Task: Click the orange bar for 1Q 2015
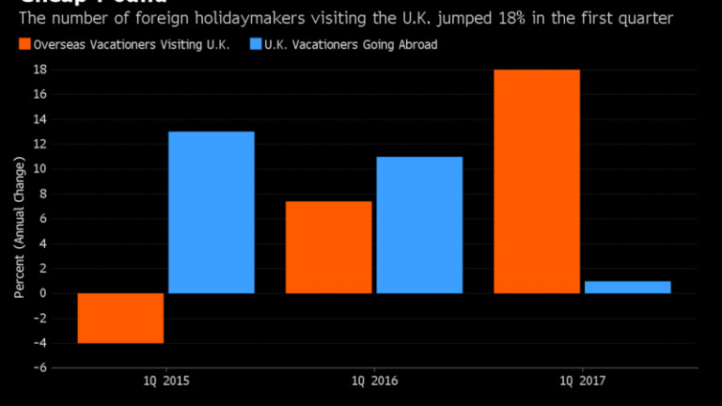120,318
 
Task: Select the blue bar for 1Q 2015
211,212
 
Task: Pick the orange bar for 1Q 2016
328,247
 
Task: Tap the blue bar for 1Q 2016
419,225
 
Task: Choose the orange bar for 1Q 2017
537,181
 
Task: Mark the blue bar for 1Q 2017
627,287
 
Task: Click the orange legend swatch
24,44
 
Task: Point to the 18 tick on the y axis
41,70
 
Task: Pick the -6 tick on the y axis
41,367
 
